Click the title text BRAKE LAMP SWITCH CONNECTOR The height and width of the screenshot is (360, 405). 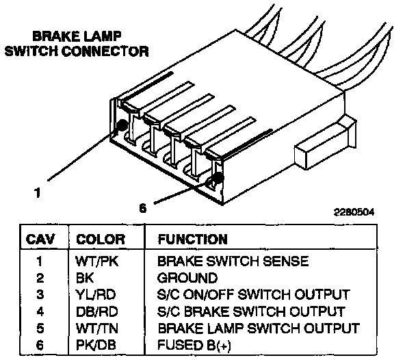coord(77,44)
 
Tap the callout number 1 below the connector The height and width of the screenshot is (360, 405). coord(38,193)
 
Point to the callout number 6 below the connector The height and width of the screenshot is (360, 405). coord(143,208)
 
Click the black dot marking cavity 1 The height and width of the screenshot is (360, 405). coord(121,125)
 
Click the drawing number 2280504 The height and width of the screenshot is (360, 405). coord(354,212)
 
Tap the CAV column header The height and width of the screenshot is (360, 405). coord(40,240)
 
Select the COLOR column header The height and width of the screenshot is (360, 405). coord(101,240)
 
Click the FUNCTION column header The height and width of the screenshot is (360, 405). coord(193,240)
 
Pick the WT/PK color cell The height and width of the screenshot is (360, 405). coord(96,261)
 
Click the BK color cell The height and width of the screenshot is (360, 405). coord(84,278)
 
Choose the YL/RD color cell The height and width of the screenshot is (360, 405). coord(95,294)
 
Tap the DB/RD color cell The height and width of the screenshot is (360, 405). coord(96,311)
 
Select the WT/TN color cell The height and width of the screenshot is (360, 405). coord(96,329)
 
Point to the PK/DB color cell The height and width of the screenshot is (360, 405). coord(96,345)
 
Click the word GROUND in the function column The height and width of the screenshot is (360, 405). coord(187,278)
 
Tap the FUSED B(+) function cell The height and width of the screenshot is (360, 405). coord(194,345)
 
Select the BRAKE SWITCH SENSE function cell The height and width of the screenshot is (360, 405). coord(233,261)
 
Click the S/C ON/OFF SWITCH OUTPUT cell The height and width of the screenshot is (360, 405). coord(254,294)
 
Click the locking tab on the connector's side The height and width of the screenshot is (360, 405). coord(326,144)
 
